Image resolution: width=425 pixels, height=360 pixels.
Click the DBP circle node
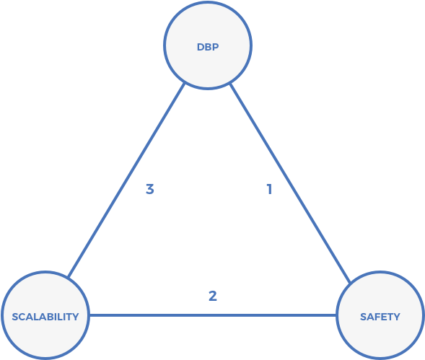(x=208, y=45)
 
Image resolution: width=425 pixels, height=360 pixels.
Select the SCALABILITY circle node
(x=45, y=315)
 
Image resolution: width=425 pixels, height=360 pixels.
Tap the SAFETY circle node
(x=380, y=315)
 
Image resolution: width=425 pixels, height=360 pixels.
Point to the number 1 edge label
(x=268, y=190)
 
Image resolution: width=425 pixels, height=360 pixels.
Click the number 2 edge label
(x=212, y=296)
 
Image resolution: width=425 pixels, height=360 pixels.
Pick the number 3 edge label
(x=149, y=190)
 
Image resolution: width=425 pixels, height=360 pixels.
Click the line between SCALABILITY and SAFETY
(x=212, y=315)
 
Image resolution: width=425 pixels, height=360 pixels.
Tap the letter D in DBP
(x=200, y=48)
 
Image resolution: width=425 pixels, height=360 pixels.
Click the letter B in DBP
(x=208, y=48)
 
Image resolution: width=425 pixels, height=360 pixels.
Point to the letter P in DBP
(x=215, y=48)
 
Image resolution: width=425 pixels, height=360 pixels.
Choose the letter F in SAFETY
(x=377, y=317)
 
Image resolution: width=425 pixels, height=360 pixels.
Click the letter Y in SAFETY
(x=397, y=317)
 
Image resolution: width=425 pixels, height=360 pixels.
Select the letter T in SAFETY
(x=390, y=317)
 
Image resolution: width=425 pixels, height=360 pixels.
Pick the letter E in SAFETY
(x=383, y=317)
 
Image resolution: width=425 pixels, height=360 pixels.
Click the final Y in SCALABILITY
(x=75, y=317)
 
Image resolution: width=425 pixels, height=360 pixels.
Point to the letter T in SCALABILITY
(x=69, y=317)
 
